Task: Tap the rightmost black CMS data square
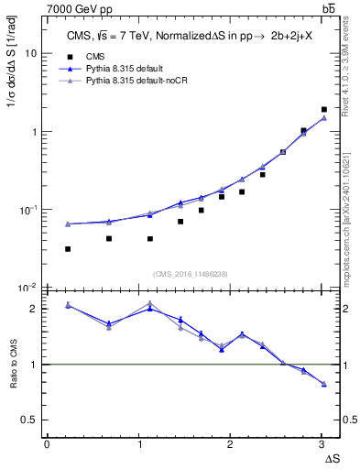click(323, 110)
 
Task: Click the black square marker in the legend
click(69, 56)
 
